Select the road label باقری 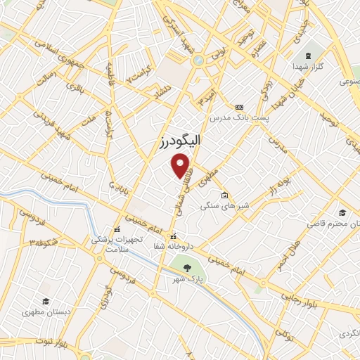(75, 88)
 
